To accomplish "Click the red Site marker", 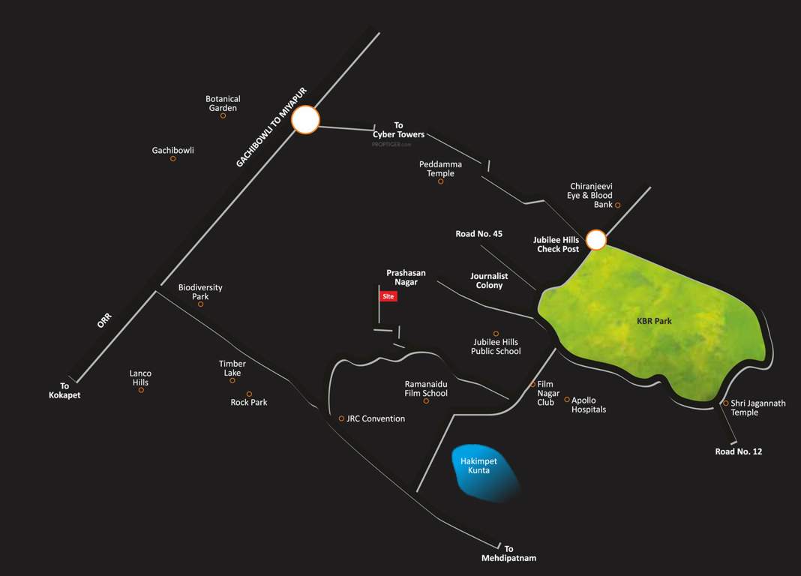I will coord(388,296).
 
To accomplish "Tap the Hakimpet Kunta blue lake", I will coord(484,472).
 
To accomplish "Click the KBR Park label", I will coord(653,321).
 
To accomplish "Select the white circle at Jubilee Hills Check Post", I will coord(595,240).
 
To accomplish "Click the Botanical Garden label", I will coord(223,103).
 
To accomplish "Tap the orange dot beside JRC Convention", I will coord(341,418).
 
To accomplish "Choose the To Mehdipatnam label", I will coord(509,553).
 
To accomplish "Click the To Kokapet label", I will coord(64,391).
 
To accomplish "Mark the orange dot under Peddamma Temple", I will coord(441,181).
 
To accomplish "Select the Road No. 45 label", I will coord(478,234).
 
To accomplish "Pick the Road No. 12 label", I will coord(738,451).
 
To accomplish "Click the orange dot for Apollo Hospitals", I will coord(567,400).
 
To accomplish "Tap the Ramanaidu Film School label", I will coord(426,388).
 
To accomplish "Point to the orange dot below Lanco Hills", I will coord(141,390).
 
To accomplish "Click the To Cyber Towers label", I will coord(399,130).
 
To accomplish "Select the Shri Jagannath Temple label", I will coord(758,407).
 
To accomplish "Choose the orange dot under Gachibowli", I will coord(172,159).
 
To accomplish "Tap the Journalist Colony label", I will coord(489,280).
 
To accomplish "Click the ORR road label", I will coord(103,321).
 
